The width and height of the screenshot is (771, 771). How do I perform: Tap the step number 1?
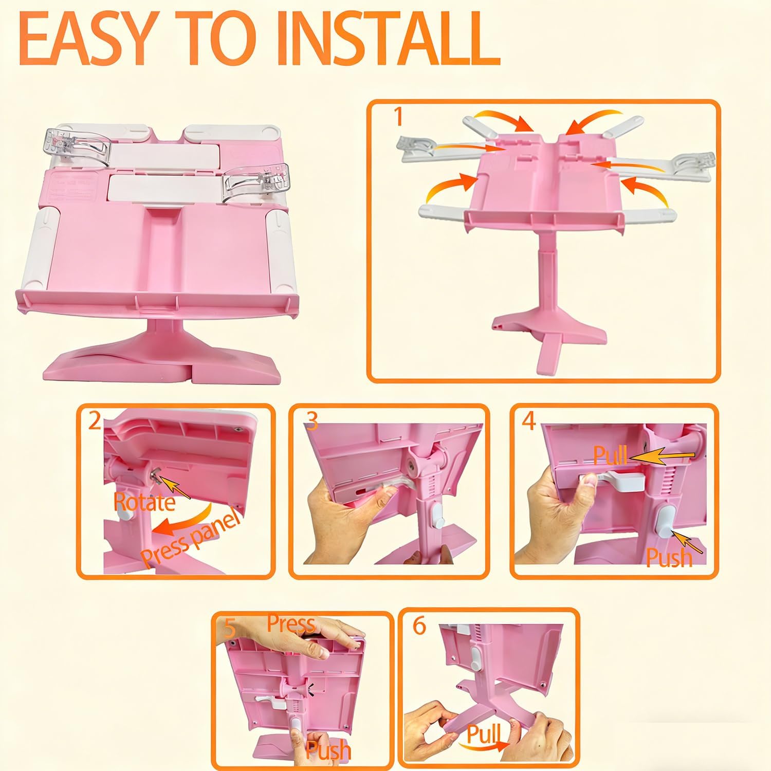(x=397, y=117)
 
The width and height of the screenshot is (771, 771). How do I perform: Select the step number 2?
(x=95, y=421)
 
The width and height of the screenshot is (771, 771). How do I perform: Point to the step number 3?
(x=312, y=421)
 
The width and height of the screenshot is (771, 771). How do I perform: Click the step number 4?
(x=529, y=421)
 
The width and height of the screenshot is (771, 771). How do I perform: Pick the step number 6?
(x=419, y=626)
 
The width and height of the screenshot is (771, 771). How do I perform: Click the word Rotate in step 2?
(x=144, y=502)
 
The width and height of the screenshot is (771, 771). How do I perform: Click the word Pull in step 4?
(x=610, y=455)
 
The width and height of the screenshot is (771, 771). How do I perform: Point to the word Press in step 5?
(x=290, y=624)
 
